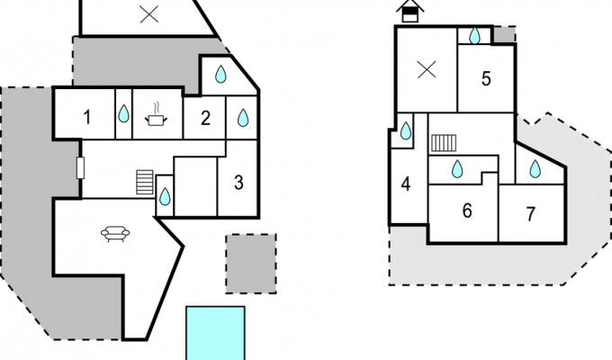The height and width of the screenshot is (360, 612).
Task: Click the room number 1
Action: pos(87,117)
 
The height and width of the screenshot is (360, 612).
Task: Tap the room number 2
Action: pos(205,118)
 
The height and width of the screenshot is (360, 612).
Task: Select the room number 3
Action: pos(238,183)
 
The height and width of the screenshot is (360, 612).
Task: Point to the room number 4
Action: pos(406,184)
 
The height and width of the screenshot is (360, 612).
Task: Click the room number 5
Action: pos(486,79)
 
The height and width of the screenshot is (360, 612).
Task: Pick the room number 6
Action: pos(467,211)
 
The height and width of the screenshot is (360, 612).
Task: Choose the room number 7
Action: pos(530,214)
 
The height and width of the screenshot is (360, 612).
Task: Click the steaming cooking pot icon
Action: pos(157,114)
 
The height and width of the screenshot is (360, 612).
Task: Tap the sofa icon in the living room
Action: pos(115,233)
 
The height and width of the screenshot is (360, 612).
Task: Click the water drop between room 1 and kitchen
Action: pos(123,113)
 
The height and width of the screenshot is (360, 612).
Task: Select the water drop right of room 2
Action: pos(243,118)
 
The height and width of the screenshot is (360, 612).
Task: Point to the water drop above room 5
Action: pos(474,35)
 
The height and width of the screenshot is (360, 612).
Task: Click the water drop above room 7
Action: pos(535,169)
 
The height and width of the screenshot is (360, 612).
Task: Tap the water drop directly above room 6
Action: pos(457,169)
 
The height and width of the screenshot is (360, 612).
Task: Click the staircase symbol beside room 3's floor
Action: pos(144,182)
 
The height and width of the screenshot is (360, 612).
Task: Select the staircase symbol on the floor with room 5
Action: pos(444,143)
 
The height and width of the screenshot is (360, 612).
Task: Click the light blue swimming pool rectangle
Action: pos(215,333)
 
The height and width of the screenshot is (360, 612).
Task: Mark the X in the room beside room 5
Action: pos(427,71)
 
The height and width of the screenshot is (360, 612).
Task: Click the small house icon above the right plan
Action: pos(410,12)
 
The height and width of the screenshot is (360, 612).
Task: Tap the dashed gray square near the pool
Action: pos(251,264)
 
